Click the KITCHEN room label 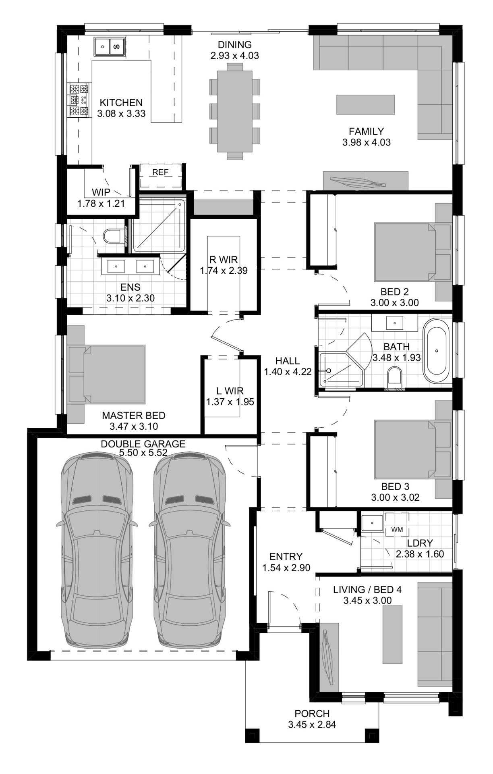click(x=121, y=103)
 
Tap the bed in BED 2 click(x=404, y=251)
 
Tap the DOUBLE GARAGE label click(x=143, y=444)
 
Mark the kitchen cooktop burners click(x=79, y=100)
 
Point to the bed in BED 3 click(x=404, y=449)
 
